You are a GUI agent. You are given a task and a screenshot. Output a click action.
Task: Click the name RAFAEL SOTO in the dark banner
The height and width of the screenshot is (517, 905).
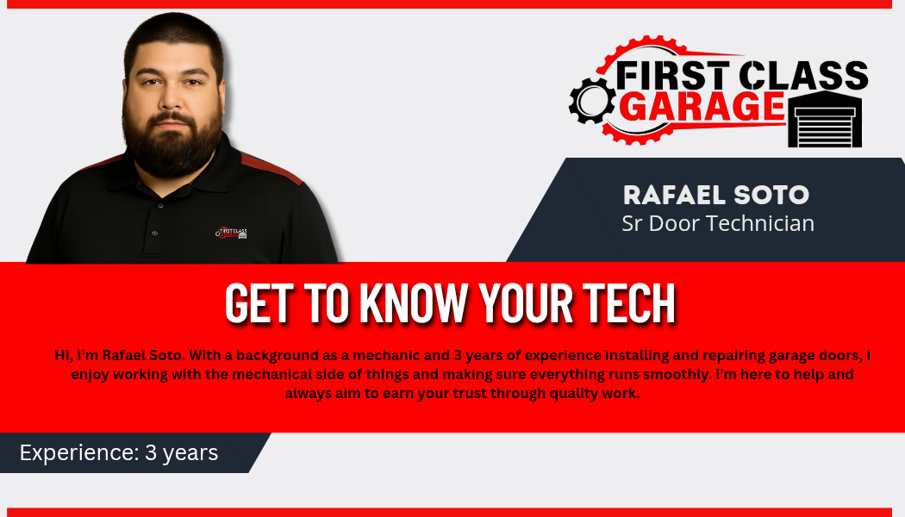716,195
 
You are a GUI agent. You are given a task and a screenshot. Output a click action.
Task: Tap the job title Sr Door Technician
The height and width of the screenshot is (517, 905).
717,223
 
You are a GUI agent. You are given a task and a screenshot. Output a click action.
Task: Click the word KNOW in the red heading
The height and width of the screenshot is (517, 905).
413,302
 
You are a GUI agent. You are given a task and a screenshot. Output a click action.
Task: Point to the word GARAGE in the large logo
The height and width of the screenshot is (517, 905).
705,106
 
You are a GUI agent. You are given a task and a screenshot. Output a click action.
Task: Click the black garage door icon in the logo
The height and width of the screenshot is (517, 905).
826,119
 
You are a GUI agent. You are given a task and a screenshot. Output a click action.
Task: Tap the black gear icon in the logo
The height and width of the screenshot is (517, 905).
591,101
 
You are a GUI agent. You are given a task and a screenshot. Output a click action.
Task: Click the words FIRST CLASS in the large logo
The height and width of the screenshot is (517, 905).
741,76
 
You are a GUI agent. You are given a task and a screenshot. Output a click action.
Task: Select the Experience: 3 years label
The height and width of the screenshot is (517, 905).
119,453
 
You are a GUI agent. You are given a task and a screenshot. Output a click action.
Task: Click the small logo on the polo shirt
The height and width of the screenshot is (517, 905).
232,233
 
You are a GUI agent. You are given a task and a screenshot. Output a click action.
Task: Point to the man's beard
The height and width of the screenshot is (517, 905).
172,144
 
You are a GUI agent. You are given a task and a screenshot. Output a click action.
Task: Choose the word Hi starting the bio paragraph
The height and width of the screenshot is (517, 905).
63,355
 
